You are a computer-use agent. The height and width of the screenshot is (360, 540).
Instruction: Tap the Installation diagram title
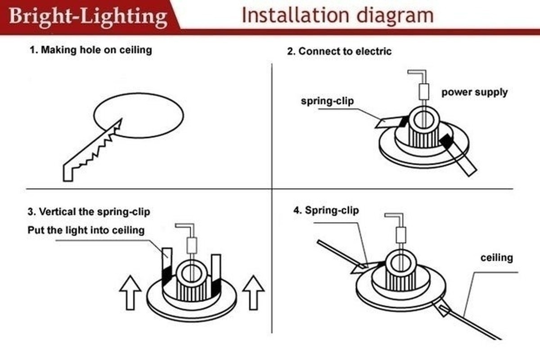point(337,15)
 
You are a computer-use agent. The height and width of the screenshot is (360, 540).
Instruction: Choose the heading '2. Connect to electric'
point(339,51)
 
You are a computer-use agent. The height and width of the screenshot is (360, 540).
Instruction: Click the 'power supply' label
point(474,92)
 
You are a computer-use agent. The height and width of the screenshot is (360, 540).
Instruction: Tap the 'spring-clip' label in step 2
point(327,101)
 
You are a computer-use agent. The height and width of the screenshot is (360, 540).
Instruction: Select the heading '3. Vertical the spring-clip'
point(89,211)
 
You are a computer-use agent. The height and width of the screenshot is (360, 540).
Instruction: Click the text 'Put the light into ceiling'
point(86,230)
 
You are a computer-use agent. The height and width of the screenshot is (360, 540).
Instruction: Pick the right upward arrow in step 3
point(253,292)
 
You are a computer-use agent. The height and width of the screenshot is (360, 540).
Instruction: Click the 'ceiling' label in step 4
point(497,257)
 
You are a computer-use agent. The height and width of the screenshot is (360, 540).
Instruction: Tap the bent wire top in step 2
point(416,74)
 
